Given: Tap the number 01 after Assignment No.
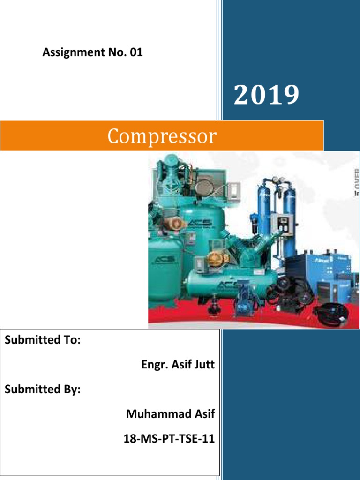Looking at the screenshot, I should [136, 53].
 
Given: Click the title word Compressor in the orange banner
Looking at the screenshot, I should [162, 136].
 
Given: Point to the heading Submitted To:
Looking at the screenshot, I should [43, 340].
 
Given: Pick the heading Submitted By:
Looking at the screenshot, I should [43, 390].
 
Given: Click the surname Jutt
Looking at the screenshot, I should [204, 365].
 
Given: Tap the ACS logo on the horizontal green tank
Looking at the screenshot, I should [227, 285].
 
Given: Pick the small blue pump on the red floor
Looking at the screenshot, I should [245, 296].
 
